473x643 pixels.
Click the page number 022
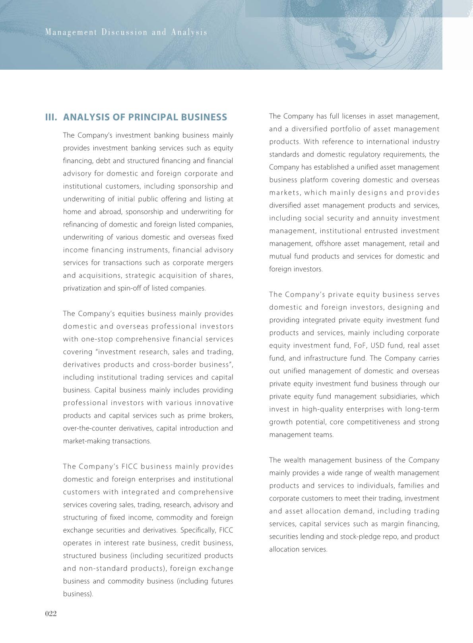(51, 614)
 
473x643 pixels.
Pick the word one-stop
(97, 339)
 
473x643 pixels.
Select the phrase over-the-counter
(88, 428)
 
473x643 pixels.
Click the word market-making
(84, 441)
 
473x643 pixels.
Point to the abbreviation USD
(377, 346)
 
